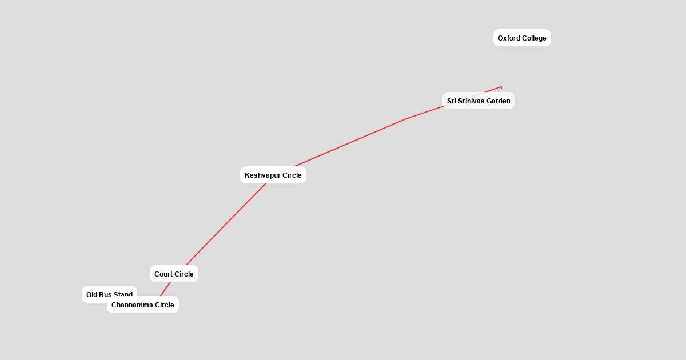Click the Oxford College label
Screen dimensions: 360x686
point(522,38)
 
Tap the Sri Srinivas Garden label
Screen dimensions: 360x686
point(478,101)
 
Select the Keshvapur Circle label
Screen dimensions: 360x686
point(273,175)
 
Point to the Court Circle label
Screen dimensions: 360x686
point(174,274)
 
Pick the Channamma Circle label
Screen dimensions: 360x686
point(142,305)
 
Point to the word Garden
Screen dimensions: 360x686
point(498,101)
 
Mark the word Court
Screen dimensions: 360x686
point(163,274)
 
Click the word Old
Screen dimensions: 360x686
point(92,294)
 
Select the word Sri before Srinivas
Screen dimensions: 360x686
point(452,101)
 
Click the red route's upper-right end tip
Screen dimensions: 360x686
point(501,87)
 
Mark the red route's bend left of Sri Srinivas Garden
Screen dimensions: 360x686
point(406,119)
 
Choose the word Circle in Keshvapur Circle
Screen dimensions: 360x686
point(291,175)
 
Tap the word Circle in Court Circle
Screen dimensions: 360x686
point(184,274)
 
